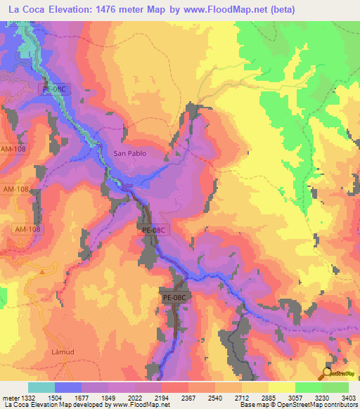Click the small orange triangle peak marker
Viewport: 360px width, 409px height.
tap(42, 270)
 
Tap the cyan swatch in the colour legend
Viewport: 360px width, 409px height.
tap(41, 387)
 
